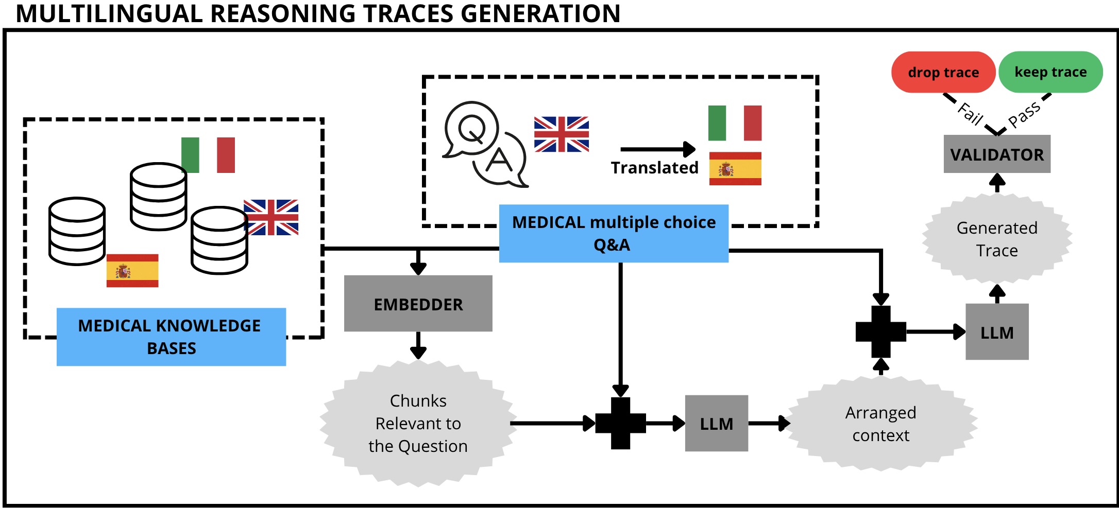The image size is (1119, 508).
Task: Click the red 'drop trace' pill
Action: pos(943,72)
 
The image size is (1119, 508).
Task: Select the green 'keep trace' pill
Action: pos(1050,72)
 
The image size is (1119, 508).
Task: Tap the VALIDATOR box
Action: pos(997,154)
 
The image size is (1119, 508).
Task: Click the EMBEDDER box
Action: pos(418,304)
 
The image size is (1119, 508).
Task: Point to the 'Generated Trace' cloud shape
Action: pos(997,239)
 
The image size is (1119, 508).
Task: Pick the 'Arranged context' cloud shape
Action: pos(880,424)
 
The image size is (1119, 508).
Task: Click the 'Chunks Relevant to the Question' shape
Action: pos(418,423)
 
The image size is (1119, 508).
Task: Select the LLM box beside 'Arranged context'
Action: pos(716,424)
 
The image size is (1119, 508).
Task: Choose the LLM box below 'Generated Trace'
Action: pos(997,332)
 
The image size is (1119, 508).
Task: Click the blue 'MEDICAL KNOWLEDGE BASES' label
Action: pos(171,337)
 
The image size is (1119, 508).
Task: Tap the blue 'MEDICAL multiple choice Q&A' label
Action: pos(614,233)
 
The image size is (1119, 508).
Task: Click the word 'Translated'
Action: pos(654,168)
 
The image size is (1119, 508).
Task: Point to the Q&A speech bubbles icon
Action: pos(484,144)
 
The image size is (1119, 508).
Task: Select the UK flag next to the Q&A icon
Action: pos(561,134)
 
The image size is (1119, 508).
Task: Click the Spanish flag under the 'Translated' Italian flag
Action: pos(735,168)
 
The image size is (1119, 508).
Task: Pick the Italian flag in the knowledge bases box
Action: pos(208,155)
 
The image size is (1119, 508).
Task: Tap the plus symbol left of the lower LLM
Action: pos(620,423)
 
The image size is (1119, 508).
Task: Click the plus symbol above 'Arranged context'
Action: pos(880,332)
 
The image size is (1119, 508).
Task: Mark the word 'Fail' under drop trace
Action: pos(970,114)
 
